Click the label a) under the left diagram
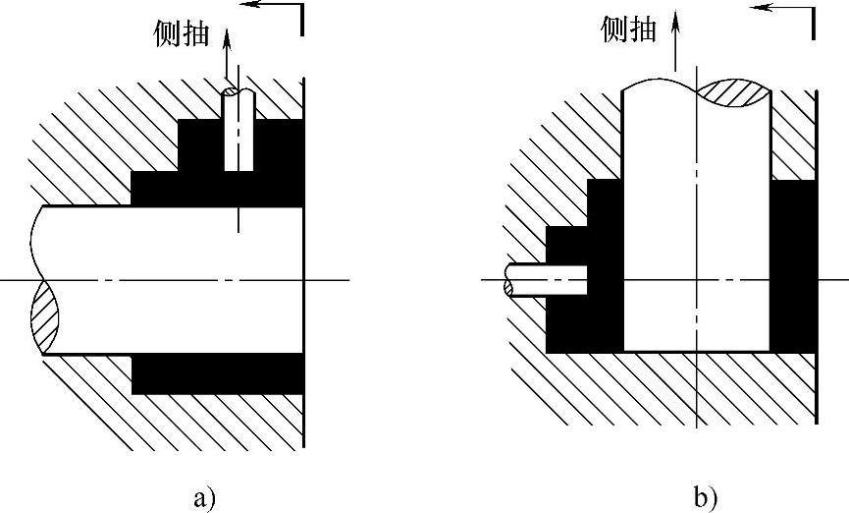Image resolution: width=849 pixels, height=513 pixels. click(x=205, y=497)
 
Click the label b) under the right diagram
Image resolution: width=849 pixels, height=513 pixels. click(x=705, y=497)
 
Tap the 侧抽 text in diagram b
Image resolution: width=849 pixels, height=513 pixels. click(x=627, y=30)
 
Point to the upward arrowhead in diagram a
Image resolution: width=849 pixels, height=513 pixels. click(x=229, y=37)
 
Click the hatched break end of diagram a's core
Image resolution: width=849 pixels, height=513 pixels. click(x=44, y=316)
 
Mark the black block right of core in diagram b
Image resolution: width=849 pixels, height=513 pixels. click(x=793, y=265)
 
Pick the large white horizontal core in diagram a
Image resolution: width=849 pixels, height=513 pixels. click(x=167, y=280)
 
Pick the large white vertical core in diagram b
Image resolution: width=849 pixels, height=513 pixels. click(x=696, y=226)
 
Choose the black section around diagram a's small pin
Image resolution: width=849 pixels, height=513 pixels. click(x=270, y=147)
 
